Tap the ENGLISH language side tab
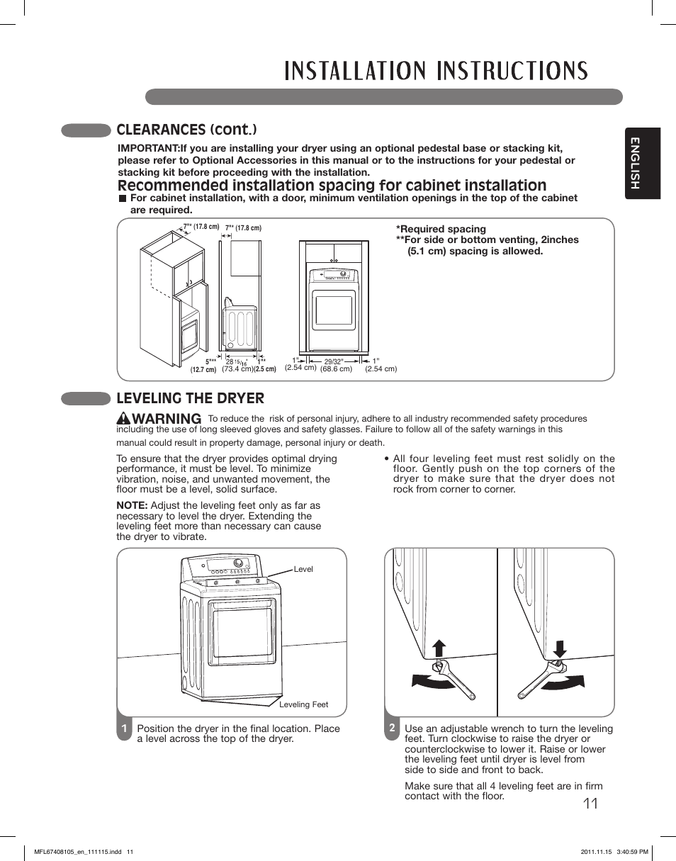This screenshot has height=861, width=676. pyautogui.click(x=642, y=164)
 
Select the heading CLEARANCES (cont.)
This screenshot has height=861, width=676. pyautogui.click(x=186, y=130)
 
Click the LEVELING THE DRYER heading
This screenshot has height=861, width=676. pyautogui.click(x=190, y=398)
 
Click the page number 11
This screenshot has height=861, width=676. pyautogui.click(x=590, y=804)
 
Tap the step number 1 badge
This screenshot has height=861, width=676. pyautogui.click(x=124, y=728)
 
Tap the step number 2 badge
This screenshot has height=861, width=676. pyautogui.click(x=391, y=728)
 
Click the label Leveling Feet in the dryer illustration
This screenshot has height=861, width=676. pyautogui.click(x=303, y=704)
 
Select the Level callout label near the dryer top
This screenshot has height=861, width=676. pyautogui.click(x=303, y=569)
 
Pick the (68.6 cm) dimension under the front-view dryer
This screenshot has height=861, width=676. pyautogui.click(x=336, y=369)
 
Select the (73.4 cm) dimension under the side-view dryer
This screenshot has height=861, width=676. pyautogui.click(x=237, y=369)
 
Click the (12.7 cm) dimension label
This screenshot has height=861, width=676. pyautogui.click(x=203, y=370)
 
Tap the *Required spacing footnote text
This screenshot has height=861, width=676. pyautogui.click(x=441, y=229)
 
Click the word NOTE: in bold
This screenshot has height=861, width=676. pyautogui.click(x=132, y=505)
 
